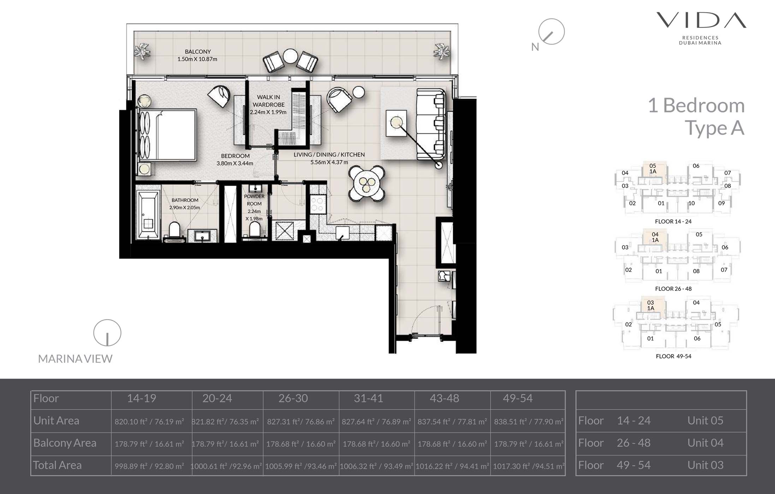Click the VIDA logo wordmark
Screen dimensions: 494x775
(x=701, y=20)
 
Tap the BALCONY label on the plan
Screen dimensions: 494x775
(x=198, y=52)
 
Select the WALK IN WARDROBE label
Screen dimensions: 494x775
(x=268, y=101)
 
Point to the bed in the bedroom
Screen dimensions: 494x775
(x=168, y=134)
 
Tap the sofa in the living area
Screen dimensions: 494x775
(x=430, y=124)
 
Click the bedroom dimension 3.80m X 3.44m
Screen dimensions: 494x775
(x=235, y=163)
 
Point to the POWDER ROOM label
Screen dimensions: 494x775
(x=254, y=200)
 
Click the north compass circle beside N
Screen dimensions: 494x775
(x=551, y=32)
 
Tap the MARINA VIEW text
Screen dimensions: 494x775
(x=75, y=359)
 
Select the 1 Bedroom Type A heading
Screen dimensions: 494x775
(x=696, y=116)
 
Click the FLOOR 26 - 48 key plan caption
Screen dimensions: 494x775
(x=673, y=289)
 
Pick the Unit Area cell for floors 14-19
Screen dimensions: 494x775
(x=149, y=422)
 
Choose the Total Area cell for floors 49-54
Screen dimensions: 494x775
(x=529, y=466)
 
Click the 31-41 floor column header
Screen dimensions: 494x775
(x=368, y=398)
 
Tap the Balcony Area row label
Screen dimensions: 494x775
(x=65, y=443)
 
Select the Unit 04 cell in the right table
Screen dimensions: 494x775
(x=705, y=443)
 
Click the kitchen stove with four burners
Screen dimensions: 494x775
(x=318, y=204)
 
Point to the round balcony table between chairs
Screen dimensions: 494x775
(x=290, y=56)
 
